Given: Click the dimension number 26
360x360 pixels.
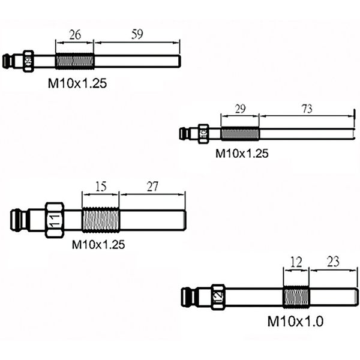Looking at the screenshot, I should tap(75, 35).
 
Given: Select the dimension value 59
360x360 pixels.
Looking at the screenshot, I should tap(137, 35).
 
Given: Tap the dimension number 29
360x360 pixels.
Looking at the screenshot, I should tap(239, 108).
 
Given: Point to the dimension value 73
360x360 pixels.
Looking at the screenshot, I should tap(307, 108).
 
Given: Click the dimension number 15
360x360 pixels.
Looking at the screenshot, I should tap(100, 187).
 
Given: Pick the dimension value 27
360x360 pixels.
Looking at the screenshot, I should tap(152, 187).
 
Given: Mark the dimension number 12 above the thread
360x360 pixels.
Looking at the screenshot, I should tap(296, 262).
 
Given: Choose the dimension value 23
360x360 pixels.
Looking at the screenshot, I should tap(334, 262).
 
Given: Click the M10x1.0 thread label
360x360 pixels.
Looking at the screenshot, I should tap(295, 321).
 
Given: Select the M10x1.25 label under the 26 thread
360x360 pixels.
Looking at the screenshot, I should tap(77, 84).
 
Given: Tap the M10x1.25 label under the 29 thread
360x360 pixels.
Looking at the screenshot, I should tap(242, 154).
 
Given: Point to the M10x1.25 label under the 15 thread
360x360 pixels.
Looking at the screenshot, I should tap(98, 244).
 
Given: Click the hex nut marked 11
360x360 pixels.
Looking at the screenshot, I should tap(55, 219).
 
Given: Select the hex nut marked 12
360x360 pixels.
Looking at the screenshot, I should tap(218, 296).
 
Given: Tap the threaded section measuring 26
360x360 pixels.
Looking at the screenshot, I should tap(75, 61).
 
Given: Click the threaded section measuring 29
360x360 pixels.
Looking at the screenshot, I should tap(239, 133).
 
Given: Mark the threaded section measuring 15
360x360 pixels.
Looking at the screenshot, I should tap(100, 219).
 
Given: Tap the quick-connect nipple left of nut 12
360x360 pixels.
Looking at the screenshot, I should tap(192, 296).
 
